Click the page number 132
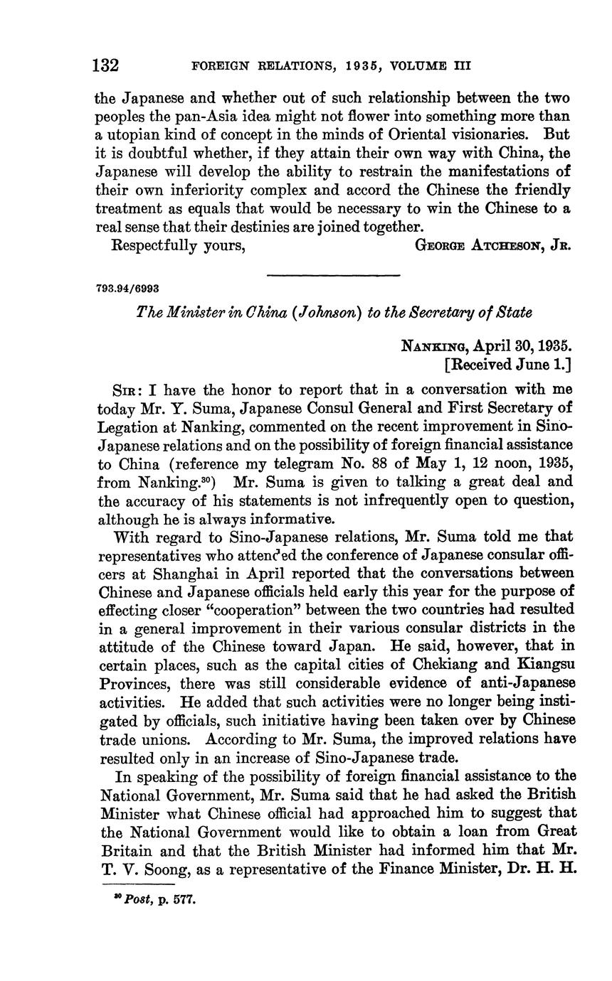[x=105, y=66]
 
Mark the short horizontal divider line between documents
[x=333, y=275]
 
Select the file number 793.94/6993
[x=127, y=289]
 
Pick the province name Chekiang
[x=434, y=665]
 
